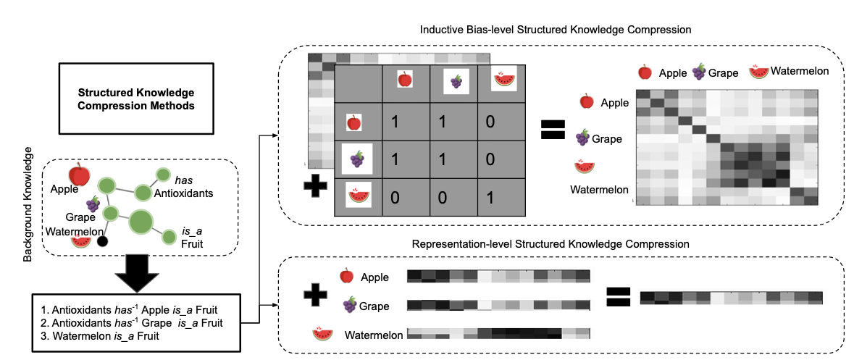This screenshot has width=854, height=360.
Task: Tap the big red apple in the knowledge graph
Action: [x=79, y=175]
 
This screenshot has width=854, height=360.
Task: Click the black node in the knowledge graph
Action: [x=103, y=240]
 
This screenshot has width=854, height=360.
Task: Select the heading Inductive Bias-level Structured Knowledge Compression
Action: [x=556, y=30]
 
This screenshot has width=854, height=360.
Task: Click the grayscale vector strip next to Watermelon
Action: [x=498, y=333]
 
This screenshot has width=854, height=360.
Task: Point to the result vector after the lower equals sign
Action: [x=732, y=297]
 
